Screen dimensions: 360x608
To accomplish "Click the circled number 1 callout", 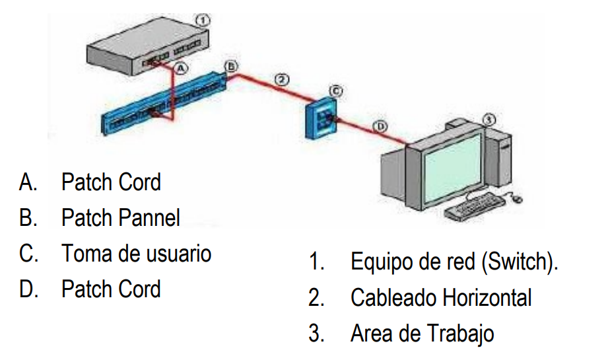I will pyautogui.click(x=203, y=21).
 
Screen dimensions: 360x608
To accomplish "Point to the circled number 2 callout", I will pyautogui.click(x=281, y=80).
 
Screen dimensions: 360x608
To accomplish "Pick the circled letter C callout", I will pyautogui.click(x=335, y=89).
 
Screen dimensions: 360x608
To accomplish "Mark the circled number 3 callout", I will pyautogui.click(x=489, y=119).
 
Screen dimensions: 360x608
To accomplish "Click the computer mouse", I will pyautogui.click(x=518, y=197).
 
